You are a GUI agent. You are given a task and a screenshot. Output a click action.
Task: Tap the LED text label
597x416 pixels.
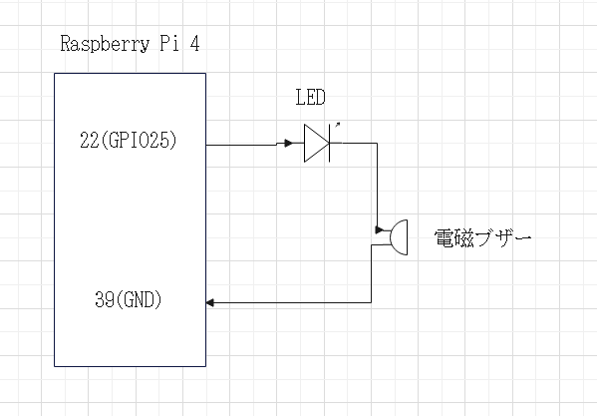(x=310, y=98)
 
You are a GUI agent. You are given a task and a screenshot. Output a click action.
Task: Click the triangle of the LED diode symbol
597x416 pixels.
(x=316, y=144)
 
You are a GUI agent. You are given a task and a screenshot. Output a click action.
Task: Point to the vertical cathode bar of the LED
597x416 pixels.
(x=329, y=144)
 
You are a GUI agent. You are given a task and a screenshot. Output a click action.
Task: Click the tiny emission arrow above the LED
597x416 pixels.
(x=337, y=126)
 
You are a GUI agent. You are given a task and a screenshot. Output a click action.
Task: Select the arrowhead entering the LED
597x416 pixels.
(x=286, y=144)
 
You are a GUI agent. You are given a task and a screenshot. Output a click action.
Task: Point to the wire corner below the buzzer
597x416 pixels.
(x=372, y=301)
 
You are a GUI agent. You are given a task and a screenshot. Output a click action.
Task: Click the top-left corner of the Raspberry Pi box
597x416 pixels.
(x=55, y=73)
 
